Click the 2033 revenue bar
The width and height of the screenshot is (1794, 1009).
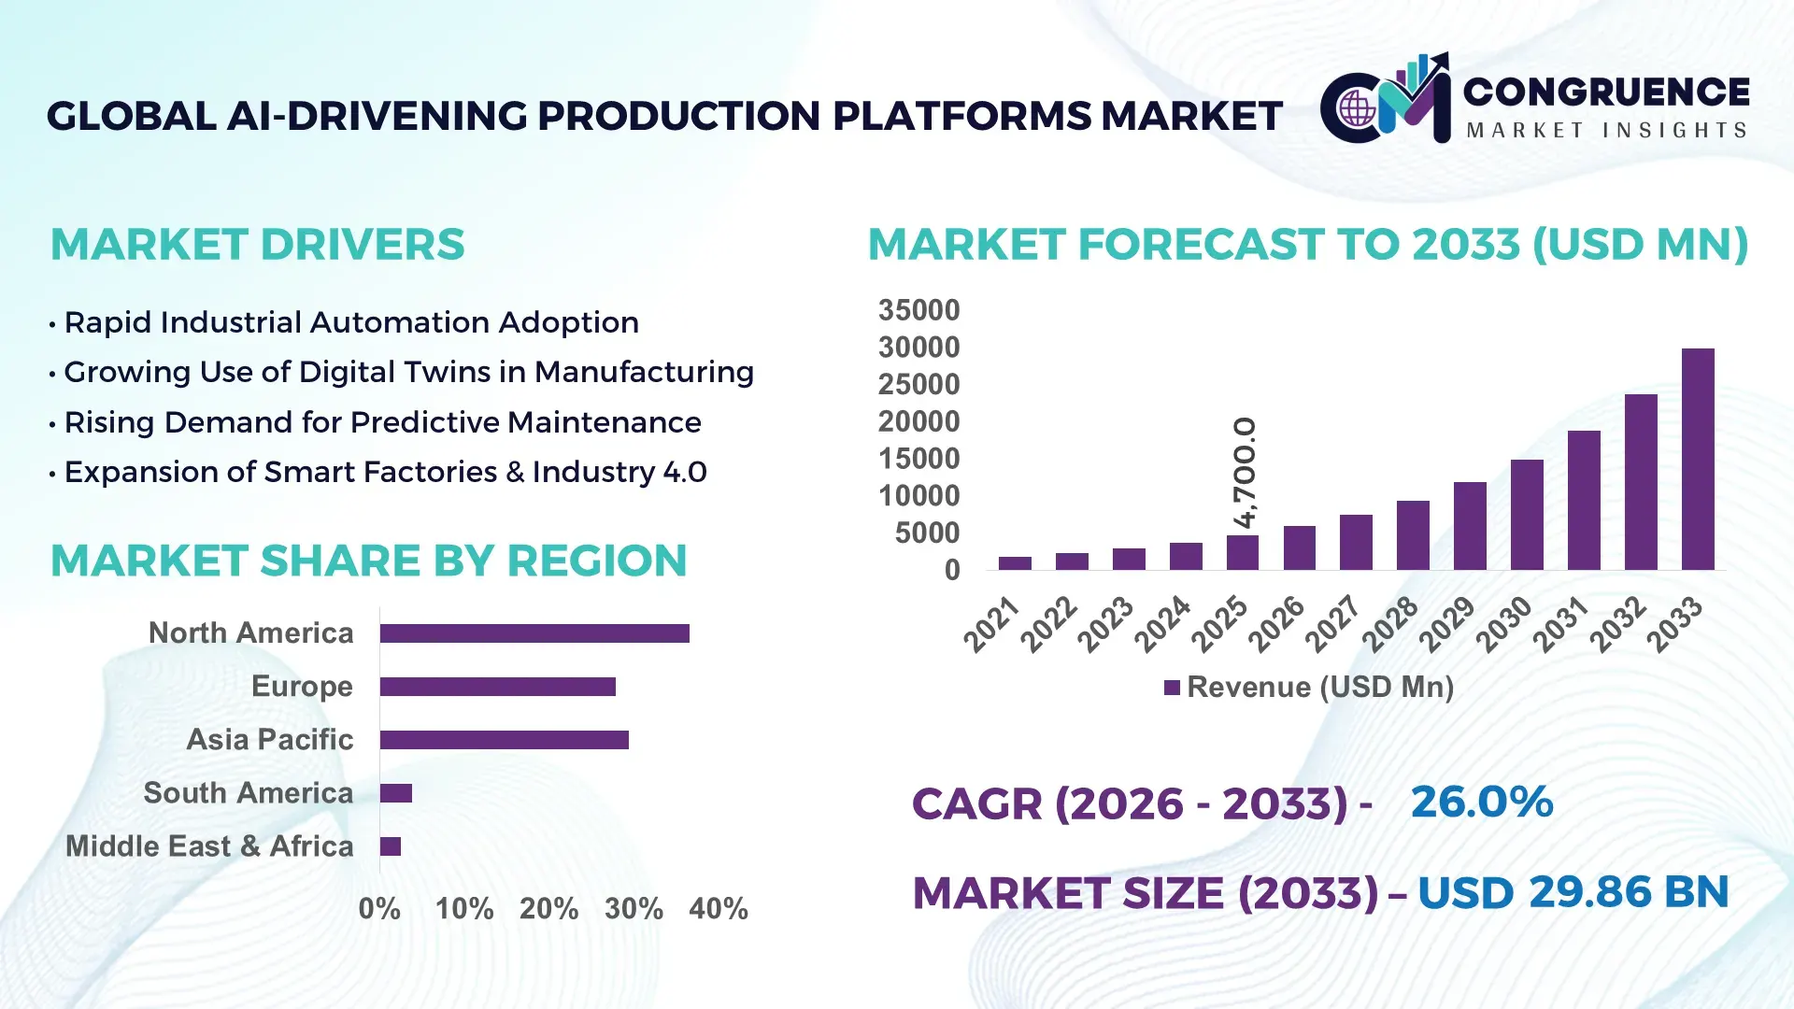pyautogui.click(x=1698, y=460)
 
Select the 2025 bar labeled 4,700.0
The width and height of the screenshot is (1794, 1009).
pyautogui.click(x=1243, y=553)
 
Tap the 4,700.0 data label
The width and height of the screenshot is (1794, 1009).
pyautogui.click(x=1245, y=472)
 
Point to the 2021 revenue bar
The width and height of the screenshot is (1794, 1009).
pyautogui.click(x=1015, y=563)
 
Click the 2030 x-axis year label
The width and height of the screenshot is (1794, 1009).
pyautogui.click(x=1504, y=623)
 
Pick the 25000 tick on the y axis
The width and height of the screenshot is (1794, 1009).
pyautogui.click(x=918, y=384)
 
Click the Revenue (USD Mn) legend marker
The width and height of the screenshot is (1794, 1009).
pyautogui.click(x=1172, y=688)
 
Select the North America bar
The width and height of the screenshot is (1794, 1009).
pyautogui.click(x=534, y=633)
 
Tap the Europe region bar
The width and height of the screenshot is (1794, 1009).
pyautogui.click(x=498, y=687)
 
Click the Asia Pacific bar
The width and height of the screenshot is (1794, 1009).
pyautogui.click(x=505, y=740)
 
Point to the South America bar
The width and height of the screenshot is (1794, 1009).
pyautogui.click(x=396, y=793)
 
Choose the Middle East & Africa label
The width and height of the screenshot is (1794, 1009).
pyautogui.click(x=209, y=846)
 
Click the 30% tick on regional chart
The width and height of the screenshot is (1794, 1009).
pyautogui.click(x=634, y=908)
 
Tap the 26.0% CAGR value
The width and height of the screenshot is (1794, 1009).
pyautogui.click(x=1481, y=802)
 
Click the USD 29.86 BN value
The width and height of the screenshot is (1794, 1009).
pyautogui.click(x=1573, y=892)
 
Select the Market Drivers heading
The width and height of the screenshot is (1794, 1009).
pyautogui.click(x=257, y=245)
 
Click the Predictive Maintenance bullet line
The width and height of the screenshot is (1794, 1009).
pyautogui.click(x=382, y=422)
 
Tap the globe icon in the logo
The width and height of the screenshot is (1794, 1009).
pyautogui.click(x=1356, y=109)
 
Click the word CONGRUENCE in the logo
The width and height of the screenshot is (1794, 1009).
pyautogui.click(x=1605, y=92)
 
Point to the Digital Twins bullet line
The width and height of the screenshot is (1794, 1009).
pyautogui.click(x=408, y=372)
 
